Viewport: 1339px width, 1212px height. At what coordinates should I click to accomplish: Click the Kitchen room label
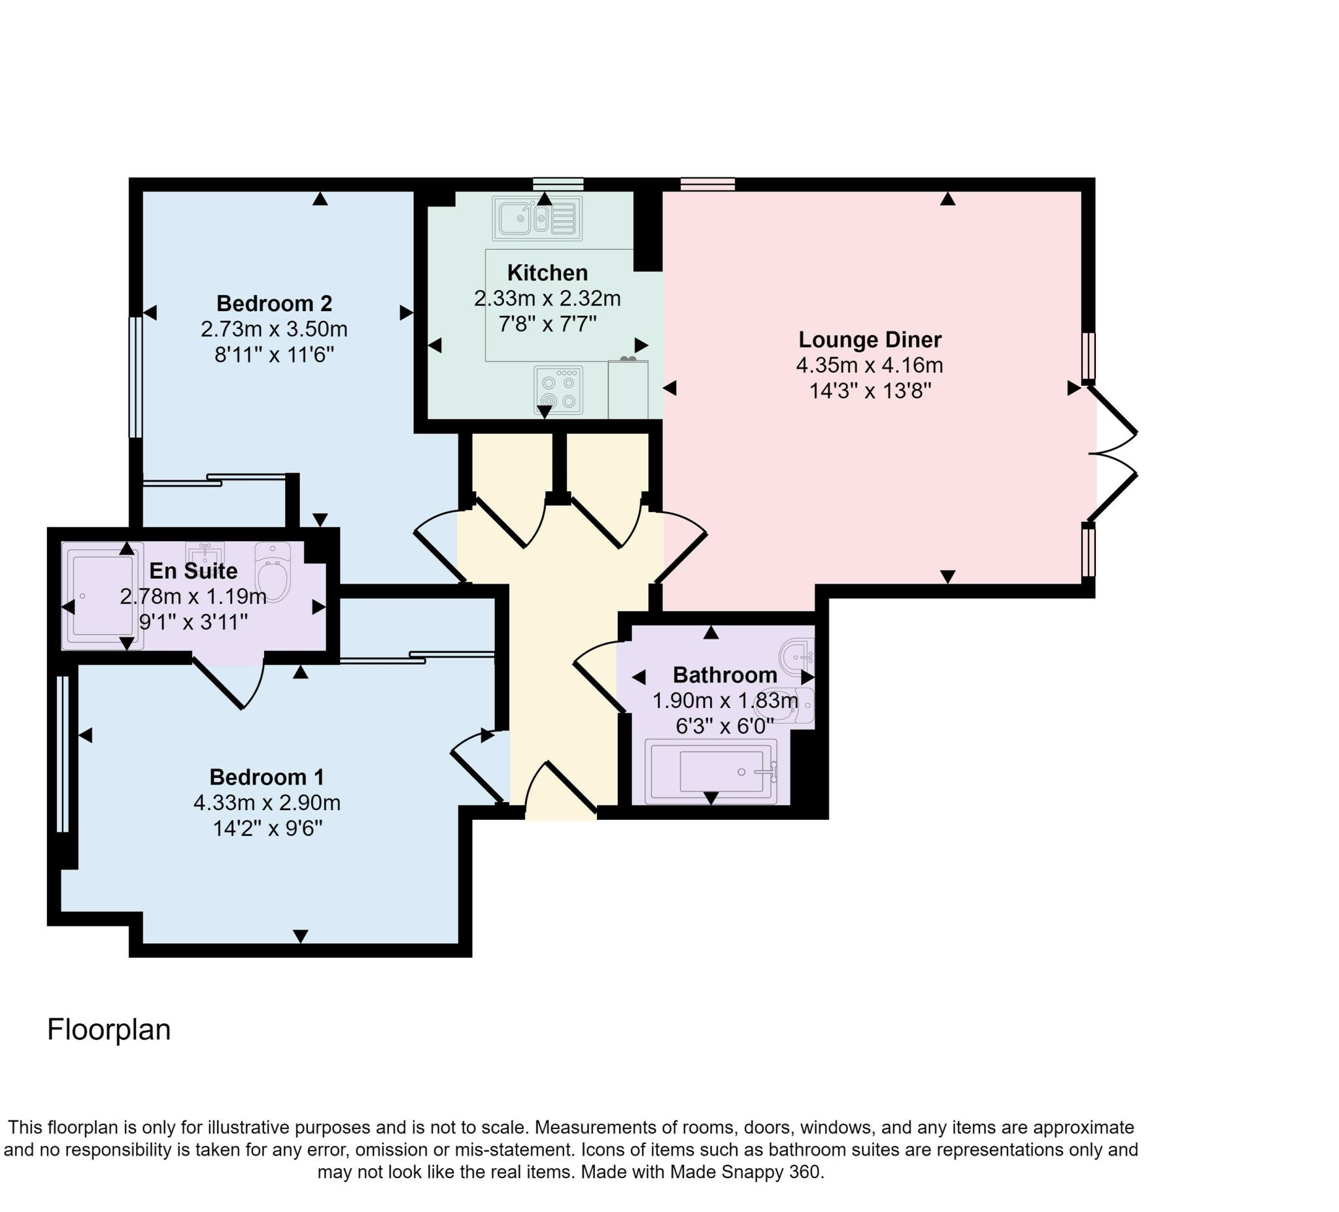(x=547, y=273)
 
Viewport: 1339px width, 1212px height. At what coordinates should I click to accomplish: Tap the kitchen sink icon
(x=537, y=218)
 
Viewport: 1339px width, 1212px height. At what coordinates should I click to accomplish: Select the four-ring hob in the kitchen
(x=558, y=390)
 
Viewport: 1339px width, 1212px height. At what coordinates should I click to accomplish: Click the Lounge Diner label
(x=870, y=340)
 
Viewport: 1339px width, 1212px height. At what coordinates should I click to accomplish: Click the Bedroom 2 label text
(x=274, y=303)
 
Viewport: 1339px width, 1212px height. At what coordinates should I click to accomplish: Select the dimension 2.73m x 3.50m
(x=274, y=329)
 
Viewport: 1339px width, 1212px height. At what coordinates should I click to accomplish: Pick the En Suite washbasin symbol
(x=205, y=552)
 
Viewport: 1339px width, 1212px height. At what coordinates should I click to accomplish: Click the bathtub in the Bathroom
(x=711, y=771)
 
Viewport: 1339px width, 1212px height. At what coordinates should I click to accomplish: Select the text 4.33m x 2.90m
(x=266, y=803)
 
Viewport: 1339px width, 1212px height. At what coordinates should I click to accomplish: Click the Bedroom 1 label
(x=266, y=777)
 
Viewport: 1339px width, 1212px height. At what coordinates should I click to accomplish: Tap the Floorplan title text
(x=109, y=1030)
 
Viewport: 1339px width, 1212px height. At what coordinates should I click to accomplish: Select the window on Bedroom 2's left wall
(x=135, y=377)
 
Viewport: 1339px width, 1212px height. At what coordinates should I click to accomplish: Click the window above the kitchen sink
(x=558, y=184)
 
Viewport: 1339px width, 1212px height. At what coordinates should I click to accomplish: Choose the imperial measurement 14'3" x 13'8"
(x=870, y=391)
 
